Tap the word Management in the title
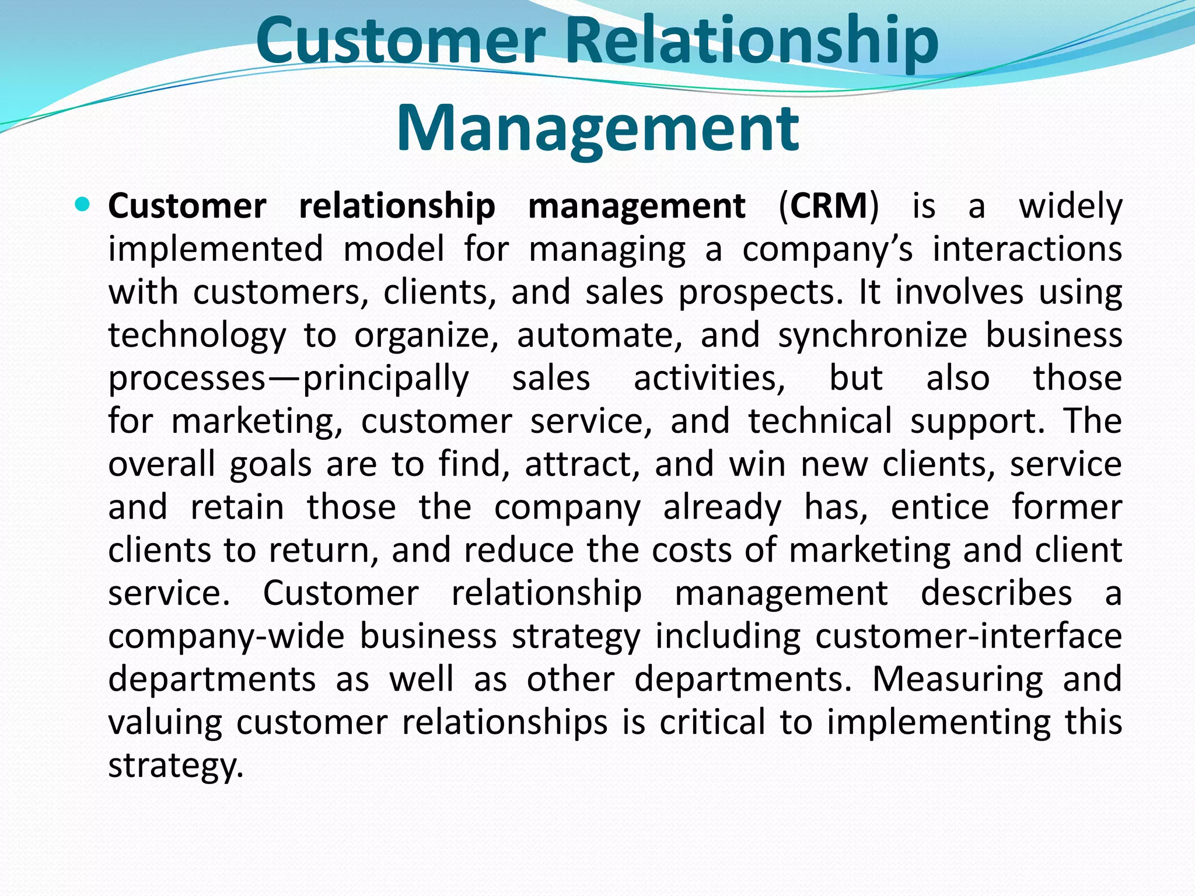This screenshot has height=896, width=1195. (597, 128)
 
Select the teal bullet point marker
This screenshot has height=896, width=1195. (83, 205)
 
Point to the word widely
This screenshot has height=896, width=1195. (1070, 207)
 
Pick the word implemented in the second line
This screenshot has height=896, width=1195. (215, 250)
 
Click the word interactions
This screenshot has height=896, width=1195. (1027, 249)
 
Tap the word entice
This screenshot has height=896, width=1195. (940, 507)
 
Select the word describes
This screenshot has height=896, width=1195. (997, 593)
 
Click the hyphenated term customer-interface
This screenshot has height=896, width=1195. (969, 636)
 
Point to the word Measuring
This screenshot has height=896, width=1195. (958, 679)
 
